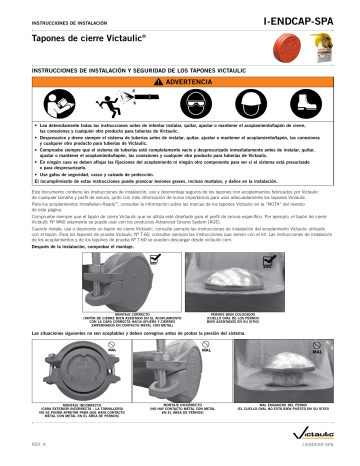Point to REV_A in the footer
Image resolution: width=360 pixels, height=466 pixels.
[x=39, y=458]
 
